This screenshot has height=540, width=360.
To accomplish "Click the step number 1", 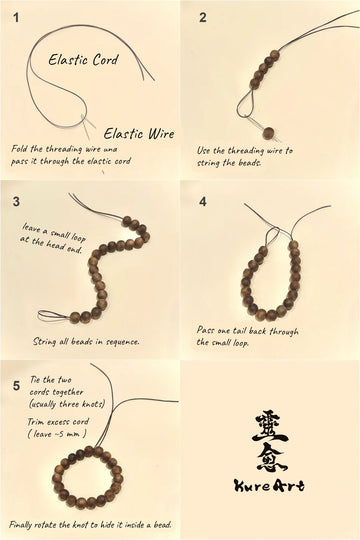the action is coord(16,18).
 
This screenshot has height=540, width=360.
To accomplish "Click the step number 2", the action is coord(203,18).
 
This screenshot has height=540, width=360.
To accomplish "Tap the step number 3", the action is coord(16,201).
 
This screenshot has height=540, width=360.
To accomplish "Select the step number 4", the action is coord(203,201).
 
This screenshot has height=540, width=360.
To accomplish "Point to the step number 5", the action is coord(16,386).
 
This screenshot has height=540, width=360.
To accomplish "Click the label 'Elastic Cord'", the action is coord(83,60).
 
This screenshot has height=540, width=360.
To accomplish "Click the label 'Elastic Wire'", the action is coord(139,133).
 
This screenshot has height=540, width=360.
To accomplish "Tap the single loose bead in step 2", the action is coord(268,133).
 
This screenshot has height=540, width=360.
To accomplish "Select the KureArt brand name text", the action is coord(269,486).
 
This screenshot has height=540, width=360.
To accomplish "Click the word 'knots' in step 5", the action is coord(93,404).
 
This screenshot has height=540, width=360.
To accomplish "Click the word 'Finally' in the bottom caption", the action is coord(21,525).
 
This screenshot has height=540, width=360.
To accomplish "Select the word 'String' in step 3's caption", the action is coord(44,342).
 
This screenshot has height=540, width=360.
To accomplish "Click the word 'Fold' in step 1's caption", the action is coord(19,149).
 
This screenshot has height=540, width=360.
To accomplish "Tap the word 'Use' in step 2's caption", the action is coord(204,150).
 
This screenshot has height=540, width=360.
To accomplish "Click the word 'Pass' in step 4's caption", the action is coord(206,330).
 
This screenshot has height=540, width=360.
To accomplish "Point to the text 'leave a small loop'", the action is coord(54,233).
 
